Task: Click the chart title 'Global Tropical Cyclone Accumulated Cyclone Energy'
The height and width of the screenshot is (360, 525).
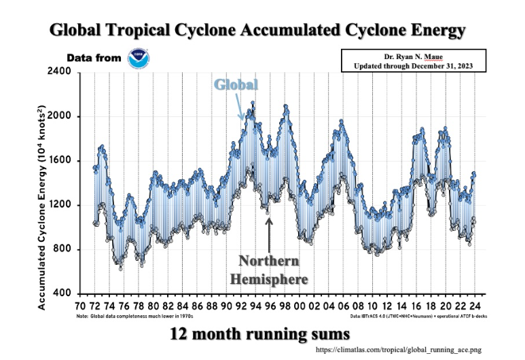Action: tap(258, 31)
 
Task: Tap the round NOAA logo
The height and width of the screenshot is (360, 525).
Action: tap(141, 58)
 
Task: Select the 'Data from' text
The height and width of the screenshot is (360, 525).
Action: tap(94, 58)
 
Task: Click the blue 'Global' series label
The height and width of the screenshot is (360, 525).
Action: tap(236, 85)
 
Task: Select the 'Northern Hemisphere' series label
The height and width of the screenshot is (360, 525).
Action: tap(269, 270)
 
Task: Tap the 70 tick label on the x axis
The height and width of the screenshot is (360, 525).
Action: tap(82, 306)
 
